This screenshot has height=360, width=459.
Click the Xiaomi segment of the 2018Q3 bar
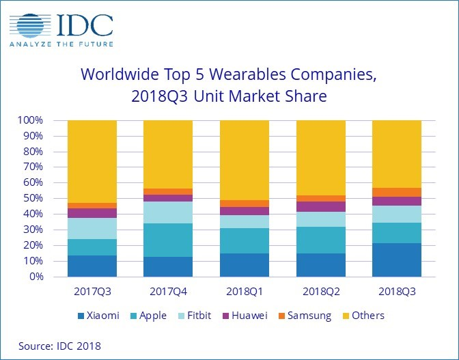point(396,260)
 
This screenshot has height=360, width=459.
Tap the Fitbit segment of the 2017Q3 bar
point(92,229)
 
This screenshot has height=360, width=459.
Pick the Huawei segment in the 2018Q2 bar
point(320,206)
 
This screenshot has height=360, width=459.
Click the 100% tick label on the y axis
point(31,120)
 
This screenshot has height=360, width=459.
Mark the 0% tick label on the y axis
point(37,277)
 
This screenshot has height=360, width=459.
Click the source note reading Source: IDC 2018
point(55,346)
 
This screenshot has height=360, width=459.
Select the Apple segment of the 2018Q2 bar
point(320,240)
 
